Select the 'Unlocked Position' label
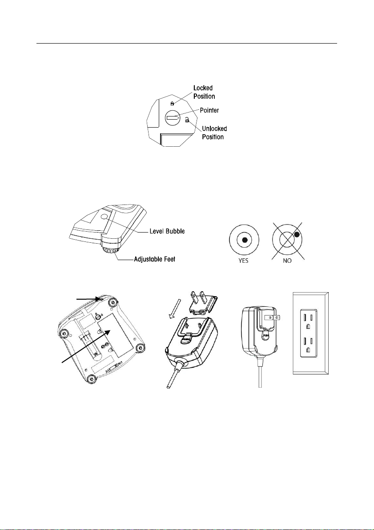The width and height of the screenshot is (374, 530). tap(214, 132)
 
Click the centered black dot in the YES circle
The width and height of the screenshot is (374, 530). tap(244, 240)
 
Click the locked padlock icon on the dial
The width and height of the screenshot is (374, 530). tap(173, 104)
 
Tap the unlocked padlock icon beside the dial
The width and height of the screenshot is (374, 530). tap(187, 119)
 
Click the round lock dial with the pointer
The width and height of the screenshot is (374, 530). tap(172, 118)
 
